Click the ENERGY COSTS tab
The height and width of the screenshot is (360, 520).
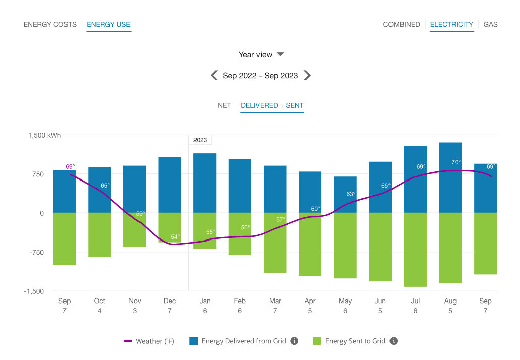pyautogui.click(x=50, y=24)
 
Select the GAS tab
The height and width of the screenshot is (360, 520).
pyautogui.click(x=490, y=24)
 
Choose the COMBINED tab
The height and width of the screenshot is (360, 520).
pyautogui.click(x=401, y=24)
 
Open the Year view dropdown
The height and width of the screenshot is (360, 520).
pyautogui.click(x=261, y=54)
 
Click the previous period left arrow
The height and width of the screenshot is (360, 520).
pyautogui.click(x=214, y=76)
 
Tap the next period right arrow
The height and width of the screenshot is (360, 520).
pyautogui.click(x=307, y=76)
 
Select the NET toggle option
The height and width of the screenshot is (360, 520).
pyautogui.click(x=224, y=105)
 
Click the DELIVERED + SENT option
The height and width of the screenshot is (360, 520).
pyautogui.click(x=272, y=105)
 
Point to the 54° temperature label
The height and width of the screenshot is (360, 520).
pyautogui.click(x=175, y=237)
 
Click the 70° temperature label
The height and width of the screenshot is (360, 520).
pyautogui.click(x=456, y=162)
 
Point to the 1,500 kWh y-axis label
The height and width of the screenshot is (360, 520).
pyautogui.click(x=44, y=135)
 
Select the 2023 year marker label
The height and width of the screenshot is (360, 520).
pyautogui.click(x=200, y=140)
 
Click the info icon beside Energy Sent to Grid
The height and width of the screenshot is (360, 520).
pyautogui.click(x=394, y=341)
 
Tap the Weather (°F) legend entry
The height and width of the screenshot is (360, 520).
pyautogui.click(x=149, y=341)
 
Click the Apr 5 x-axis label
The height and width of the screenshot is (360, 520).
pyautogui.click(x=310, y=306)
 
